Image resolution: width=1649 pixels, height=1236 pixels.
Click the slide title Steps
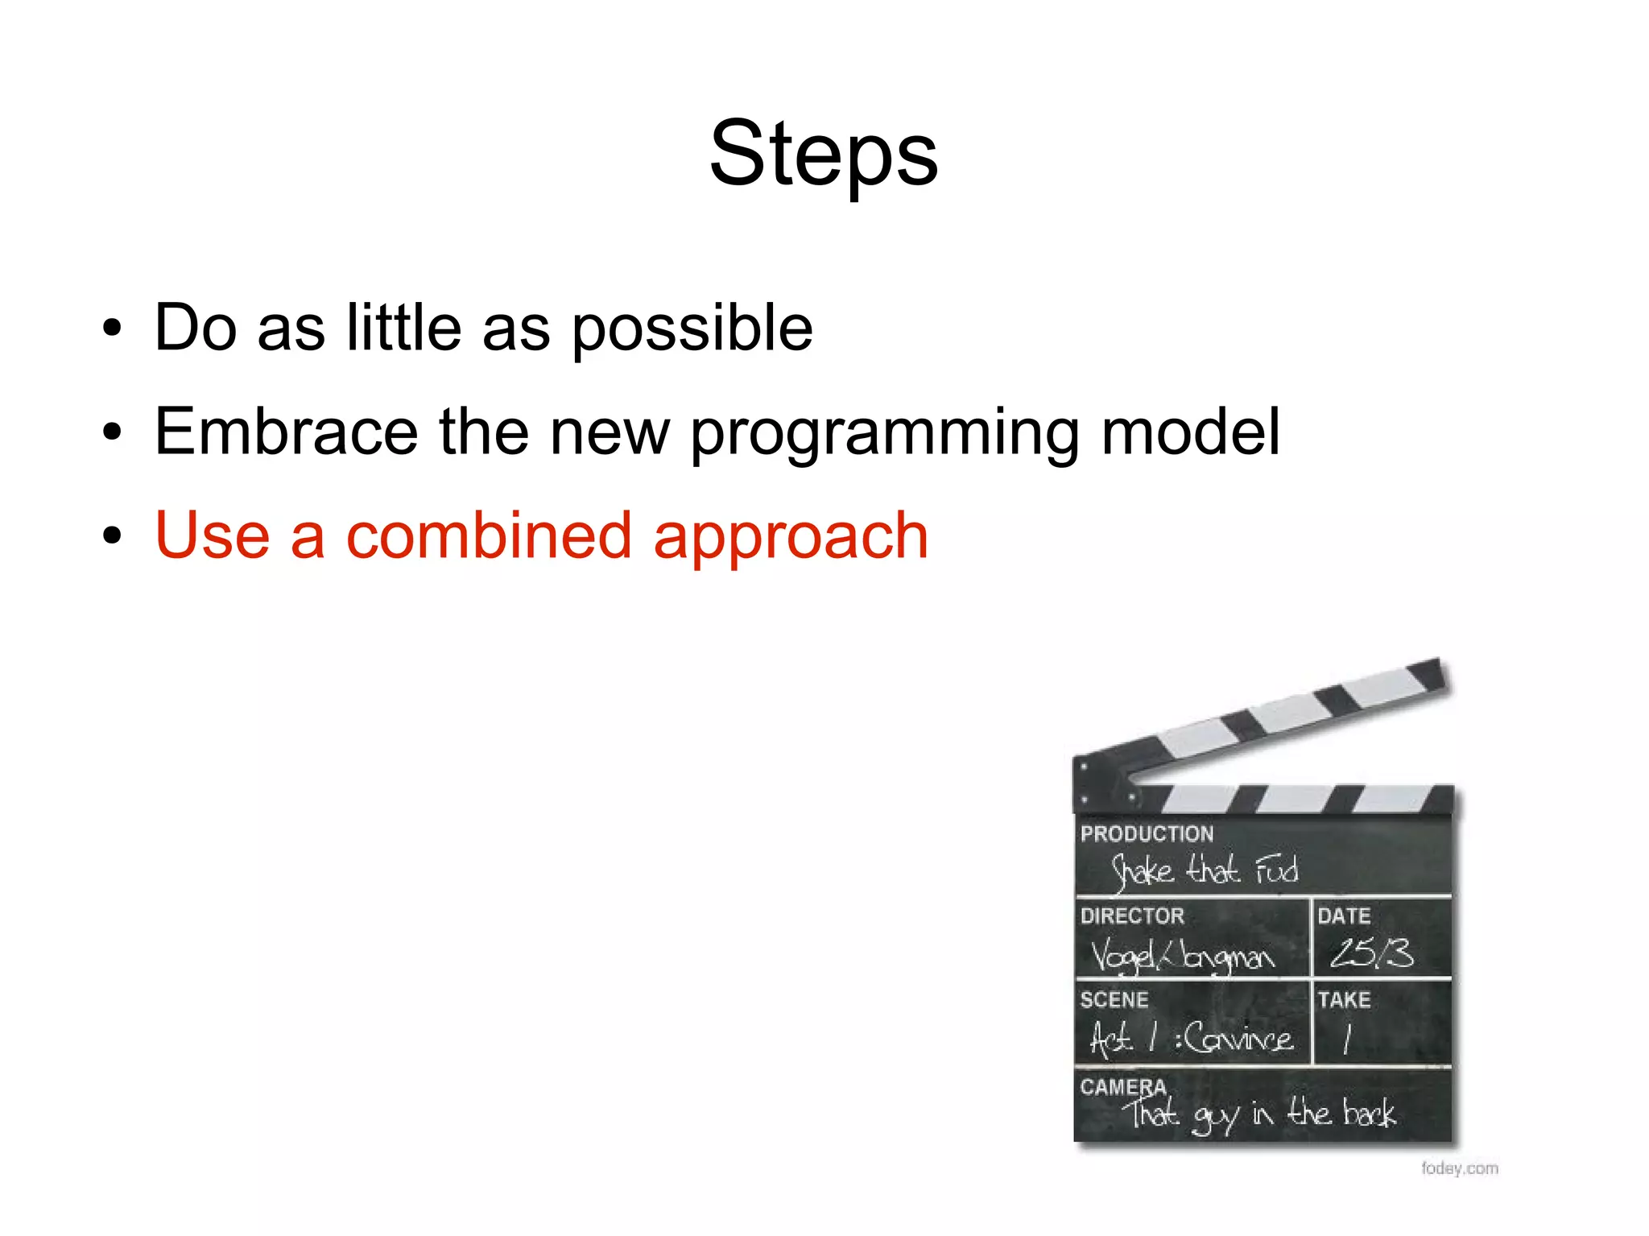[823, 153]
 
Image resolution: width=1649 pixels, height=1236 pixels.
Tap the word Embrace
[286, 432]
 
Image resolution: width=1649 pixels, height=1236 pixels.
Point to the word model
[1189, 432]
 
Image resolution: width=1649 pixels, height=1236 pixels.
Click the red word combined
[488, 536]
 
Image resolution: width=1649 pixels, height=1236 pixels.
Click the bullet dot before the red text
[112, 535]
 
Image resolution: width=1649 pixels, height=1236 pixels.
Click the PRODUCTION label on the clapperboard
[1146, 833]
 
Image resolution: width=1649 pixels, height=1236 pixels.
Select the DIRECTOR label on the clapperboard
[1131, 916]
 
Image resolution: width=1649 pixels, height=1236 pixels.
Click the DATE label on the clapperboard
[1343, 916]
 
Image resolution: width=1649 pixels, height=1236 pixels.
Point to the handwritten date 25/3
[1370, 953]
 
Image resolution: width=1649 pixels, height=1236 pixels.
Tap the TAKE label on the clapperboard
[1343, 999]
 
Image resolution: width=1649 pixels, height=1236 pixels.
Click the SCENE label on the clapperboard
[1114, 999]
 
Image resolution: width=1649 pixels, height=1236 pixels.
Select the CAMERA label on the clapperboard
[1122, 1086]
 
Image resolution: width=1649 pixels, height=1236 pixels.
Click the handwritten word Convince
[1238, 1037]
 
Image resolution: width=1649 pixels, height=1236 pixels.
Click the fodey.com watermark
[1459, 1168]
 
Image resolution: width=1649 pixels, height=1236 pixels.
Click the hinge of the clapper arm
[1103, 781]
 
